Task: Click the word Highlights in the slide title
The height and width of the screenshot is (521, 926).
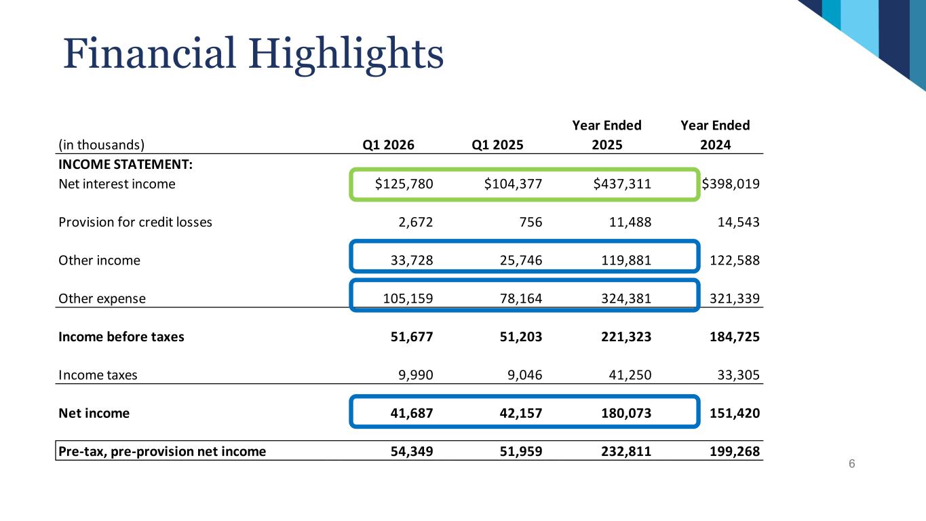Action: point(345,55)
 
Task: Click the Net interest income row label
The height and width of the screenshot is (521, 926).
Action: point(117,184)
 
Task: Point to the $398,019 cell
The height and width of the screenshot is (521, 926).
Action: point(730,184)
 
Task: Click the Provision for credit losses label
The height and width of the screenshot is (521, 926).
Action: point(135,222)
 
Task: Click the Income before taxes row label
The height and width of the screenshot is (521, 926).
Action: point(121,337)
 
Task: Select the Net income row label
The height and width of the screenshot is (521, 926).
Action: point(94,413)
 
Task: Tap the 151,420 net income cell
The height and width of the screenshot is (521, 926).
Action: point(733,413)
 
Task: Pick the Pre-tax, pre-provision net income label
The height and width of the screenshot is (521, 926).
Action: point(162,452)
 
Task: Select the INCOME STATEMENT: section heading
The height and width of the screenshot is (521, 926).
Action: point(111,165)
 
